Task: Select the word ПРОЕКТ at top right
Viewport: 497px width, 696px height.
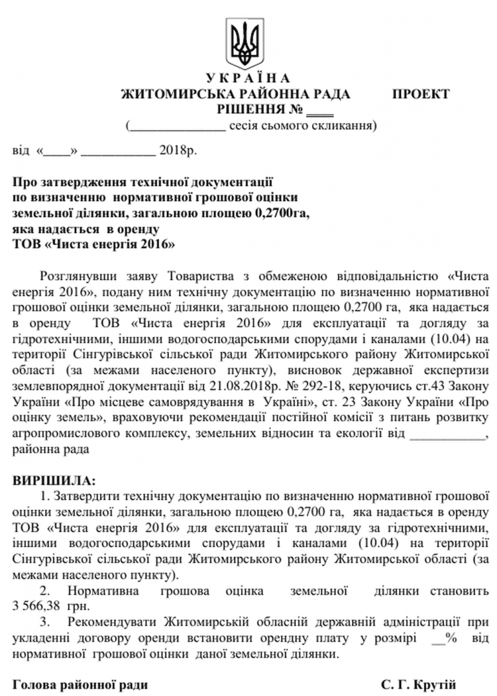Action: tap(421, 94)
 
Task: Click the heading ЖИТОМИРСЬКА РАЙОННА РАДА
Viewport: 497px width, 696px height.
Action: tap(235, 94)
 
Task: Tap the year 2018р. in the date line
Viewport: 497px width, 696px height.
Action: tap(176, 154)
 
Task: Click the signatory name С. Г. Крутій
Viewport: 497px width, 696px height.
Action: tap(418, 682)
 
